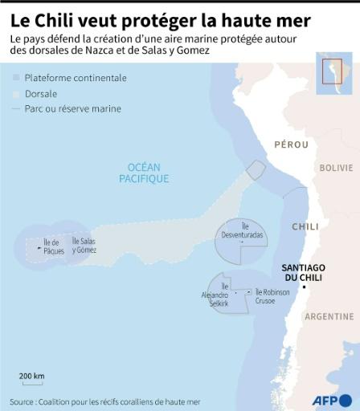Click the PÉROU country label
click(x=291, y=144)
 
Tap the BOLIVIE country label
click(x=336, y=168)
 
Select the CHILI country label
click(x=305, y=226)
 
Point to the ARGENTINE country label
click(x=329, y=316)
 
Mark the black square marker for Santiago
click(x=304, y=287)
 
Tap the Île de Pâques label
click(x=54, y=246)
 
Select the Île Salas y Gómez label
click(x=84, y=245)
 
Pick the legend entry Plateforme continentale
click(x=76, y=78)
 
